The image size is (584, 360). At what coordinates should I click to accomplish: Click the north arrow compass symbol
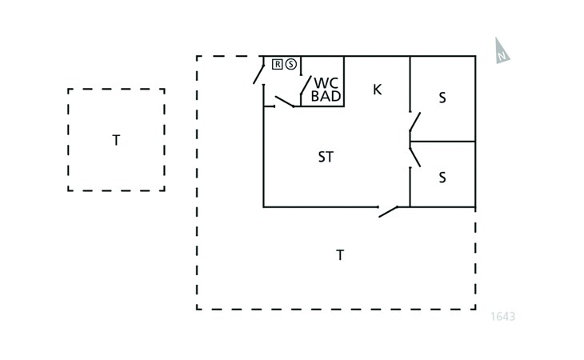pos(502,51)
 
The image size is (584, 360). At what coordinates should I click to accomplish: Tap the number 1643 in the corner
pos(503,317)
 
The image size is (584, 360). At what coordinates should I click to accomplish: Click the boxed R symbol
pos(277,64)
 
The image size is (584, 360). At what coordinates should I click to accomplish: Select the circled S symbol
pos(291,64)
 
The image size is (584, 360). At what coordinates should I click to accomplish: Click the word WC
pos(326,82)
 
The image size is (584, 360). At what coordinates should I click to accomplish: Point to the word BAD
pos(326,96)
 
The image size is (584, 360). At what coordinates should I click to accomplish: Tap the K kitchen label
pos(378,90)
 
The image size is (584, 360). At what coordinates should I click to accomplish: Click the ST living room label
pos(326,157)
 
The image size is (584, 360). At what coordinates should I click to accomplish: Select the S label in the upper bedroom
pos(442,98)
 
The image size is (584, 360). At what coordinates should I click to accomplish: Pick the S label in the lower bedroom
pos(442,178)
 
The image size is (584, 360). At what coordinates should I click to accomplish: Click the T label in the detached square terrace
pos(116,140)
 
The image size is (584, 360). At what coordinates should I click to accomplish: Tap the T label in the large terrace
pos(340,255)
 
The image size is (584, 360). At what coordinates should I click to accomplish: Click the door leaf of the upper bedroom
pos(415,122)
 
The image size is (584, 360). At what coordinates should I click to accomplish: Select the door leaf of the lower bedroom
pos(415,157)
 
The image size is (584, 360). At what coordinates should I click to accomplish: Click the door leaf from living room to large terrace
pos(388,211)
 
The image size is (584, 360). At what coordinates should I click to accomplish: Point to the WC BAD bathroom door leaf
pos(306,86)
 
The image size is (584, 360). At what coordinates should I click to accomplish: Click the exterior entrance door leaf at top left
pos(259,74)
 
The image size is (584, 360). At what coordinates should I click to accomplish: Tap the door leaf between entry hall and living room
pos(285,102)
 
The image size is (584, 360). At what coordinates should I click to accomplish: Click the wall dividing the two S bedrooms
pos(442,142)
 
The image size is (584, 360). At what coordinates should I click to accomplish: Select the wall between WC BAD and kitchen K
pos(344,81)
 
